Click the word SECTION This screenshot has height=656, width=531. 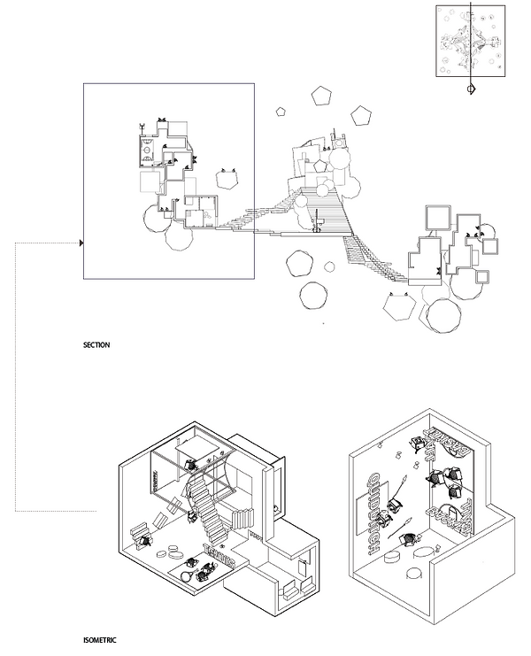[96, 344]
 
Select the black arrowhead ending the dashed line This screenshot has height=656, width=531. [82, 243]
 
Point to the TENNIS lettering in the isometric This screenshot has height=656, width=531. [219, 555]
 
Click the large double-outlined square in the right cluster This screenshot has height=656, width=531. [435, 218]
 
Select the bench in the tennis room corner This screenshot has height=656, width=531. [142, 534]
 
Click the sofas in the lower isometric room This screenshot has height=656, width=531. [288, 591]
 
